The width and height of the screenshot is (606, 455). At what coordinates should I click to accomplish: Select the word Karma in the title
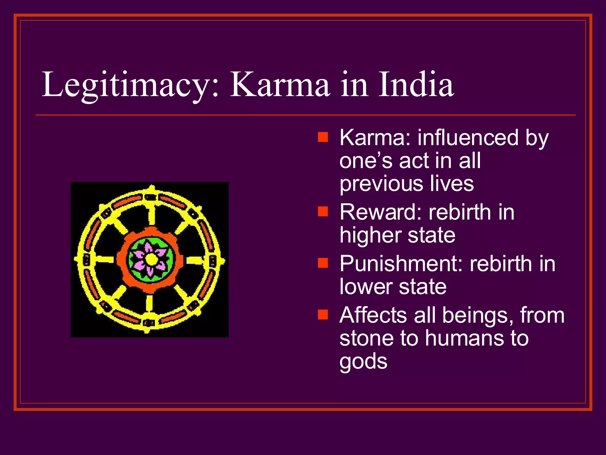[x=280, y=85]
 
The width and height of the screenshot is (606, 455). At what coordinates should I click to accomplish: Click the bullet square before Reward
[x=323, y=212]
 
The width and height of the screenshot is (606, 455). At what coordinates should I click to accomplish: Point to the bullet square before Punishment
[x=323, y=263]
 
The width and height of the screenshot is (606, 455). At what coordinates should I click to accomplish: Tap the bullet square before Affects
[x=323, y=315]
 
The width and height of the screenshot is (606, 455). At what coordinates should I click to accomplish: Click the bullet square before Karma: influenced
[x=323, y=137]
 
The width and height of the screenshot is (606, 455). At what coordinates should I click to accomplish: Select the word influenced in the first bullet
[x=468, y=138]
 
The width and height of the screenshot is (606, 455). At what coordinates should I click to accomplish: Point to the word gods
[x=363, y=362]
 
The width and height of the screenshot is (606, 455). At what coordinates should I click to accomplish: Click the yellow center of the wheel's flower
[x=151, y=259]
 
